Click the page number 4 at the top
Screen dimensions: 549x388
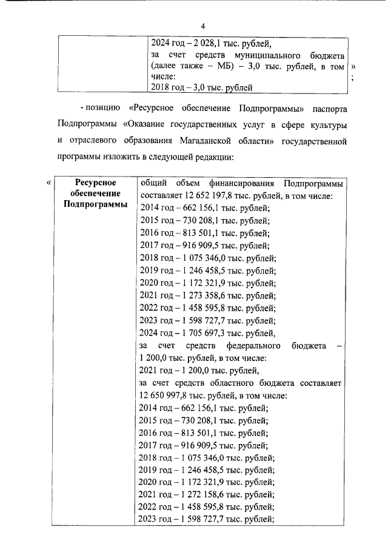pos(203,25)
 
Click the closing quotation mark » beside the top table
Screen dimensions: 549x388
pos(353,66)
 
